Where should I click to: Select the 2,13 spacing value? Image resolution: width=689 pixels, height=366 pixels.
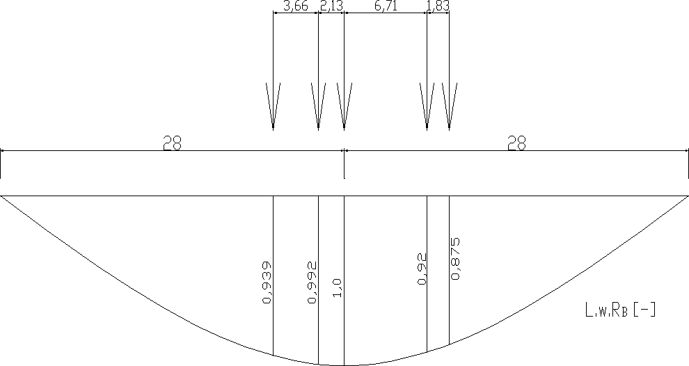click(x=331, y=7)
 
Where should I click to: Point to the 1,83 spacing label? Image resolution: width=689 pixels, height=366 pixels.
click(x=438, y=7)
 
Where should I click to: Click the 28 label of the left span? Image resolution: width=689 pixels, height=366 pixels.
click(x=173, y=143)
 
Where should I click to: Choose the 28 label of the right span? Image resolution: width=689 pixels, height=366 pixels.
click(x=516, y=143)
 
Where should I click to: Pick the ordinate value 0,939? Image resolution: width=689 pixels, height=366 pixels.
click(x=267, y=283)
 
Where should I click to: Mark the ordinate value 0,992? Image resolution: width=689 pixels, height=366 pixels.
click(x=312, y=283)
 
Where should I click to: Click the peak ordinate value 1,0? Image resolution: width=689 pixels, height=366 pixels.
click(x=338, y=287)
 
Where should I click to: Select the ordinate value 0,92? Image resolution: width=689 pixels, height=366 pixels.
click(x=421, y=269)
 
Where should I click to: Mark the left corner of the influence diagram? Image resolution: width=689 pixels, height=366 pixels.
click(x=1, y=196)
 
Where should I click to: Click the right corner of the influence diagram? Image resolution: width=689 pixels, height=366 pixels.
click(x=688, y=196)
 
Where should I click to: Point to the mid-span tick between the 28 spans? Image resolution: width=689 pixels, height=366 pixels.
click(x=344, y=164)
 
